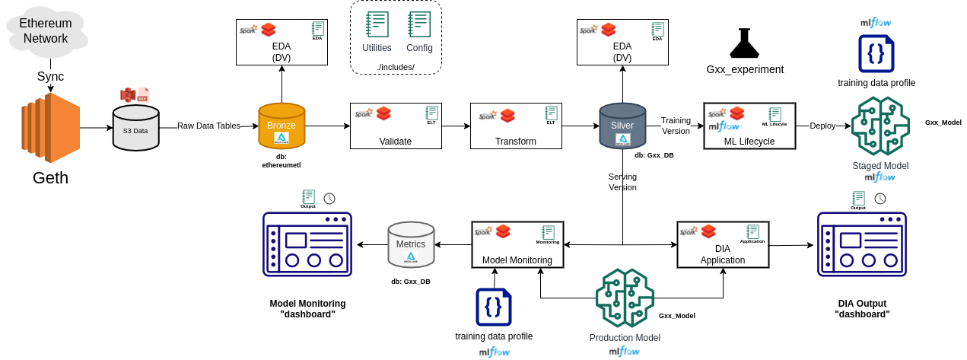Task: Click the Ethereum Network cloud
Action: coord(46,31)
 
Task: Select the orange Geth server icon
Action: coord(50,128)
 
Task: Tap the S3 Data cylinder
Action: coord(136,128)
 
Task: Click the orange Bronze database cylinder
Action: coord(282,126)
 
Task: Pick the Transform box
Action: coord(516,126)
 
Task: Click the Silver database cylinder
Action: coord(622,126)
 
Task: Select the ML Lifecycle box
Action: coord(749,126)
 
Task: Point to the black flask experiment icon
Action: coord(744,43)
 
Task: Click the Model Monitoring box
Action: coord(517,244)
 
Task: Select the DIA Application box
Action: coord(723,244)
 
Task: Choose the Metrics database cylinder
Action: coord(411,244)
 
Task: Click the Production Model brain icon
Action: coord(625,298)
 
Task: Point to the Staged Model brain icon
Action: coord(880,126)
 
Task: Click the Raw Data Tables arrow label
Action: coord(208,126)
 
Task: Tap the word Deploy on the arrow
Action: coord(823,126)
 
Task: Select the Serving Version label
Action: coord(622,182)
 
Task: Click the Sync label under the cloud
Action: coord(50,76)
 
